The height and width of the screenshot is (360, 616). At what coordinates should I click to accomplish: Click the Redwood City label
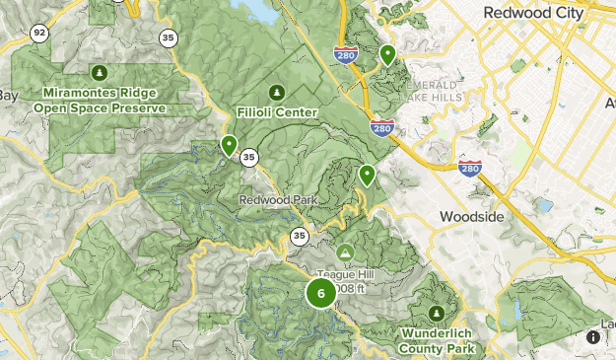534,13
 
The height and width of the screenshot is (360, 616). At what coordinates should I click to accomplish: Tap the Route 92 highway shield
39,34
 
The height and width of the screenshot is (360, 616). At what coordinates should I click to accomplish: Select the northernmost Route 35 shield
169,38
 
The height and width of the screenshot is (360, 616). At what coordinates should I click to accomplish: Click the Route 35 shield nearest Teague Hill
299,235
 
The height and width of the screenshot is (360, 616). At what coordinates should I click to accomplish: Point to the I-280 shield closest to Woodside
470,169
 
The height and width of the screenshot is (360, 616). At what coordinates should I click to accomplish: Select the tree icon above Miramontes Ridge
99,72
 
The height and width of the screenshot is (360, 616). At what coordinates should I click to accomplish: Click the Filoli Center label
277,112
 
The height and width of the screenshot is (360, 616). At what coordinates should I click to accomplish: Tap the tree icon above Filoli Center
277,92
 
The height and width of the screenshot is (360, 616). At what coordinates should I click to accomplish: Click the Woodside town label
471,216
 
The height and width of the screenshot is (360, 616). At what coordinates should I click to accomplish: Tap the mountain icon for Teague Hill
345,252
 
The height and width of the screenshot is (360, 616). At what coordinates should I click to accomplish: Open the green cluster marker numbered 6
321,293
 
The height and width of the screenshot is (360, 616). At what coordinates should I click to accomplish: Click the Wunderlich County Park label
438,340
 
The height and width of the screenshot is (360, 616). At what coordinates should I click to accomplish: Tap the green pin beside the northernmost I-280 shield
388,54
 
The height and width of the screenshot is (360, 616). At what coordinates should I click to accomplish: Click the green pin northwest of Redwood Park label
230,145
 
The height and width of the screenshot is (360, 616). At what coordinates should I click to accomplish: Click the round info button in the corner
593,337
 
